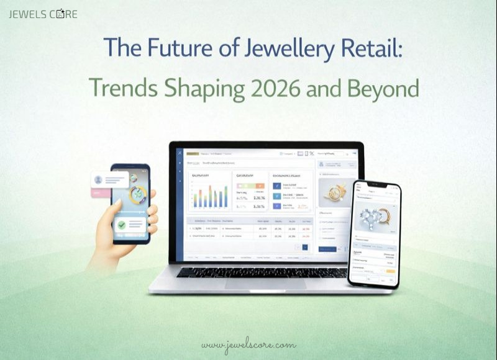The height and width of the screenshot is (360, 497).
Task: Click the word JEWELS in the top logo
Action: point(27,14)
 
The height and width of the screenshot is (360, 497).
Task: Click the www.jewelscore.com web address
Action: point(248,345)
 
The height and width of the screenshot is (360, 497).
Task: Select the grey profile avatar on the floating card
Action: point(98,180)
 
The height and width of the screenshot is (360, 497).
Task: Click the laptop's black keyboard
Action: point(262,272)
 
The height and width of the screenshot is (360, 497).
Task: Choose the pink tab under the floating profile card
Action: point(98,192)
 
